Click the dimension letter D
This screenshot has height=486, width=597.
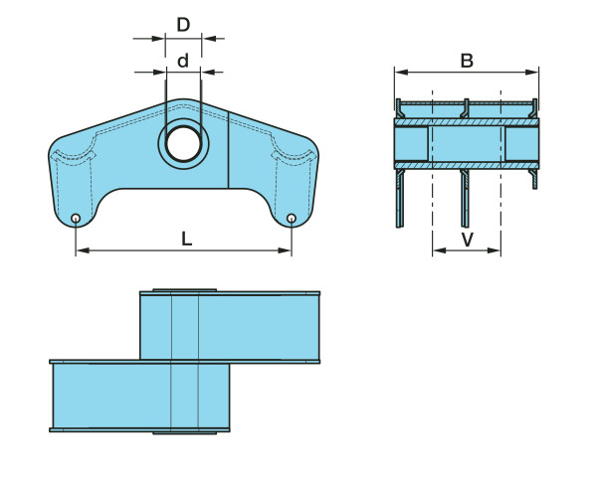pos(183,25)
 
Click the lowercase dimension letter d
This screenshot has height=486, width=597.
pos(183,61)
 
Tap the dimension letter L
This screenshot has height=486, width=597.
pos(186,240)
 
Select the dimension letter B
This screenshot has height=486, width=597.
pos(467,61)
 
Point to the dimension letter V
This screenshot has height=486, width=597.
pos(468,240)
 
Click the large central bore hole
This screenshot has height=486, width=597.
pos(183,144)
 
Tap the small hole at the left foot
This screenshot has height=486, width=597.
pos(76,219)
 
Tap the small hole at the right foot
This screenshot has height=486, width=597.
pos(292,219)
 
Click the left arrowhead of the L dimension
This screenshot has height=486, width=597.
pos(83,250)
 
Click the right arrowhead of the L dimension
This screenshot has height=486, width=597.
pos(285,250)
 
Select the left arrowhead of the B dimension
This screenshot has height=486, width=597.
pos(402,72)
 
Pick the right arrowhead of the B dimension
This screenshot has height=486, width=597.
pos(532,72)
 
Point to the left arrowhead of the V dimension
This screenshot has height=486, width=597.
pos(440,250)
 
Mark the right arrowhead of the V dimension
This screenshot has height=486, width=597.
pos(494,250)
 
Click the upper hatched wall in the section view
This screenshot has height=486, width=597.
pos(467,122)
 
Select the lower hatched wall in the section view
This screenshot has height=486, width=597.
pos(467,165)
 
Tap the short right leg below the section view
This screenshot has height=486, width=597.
pos(534,179)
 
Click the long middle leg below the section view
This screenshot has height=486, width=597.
pos(465,198)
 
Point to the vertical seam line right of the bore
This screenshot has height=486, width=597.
pos(229,150)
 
